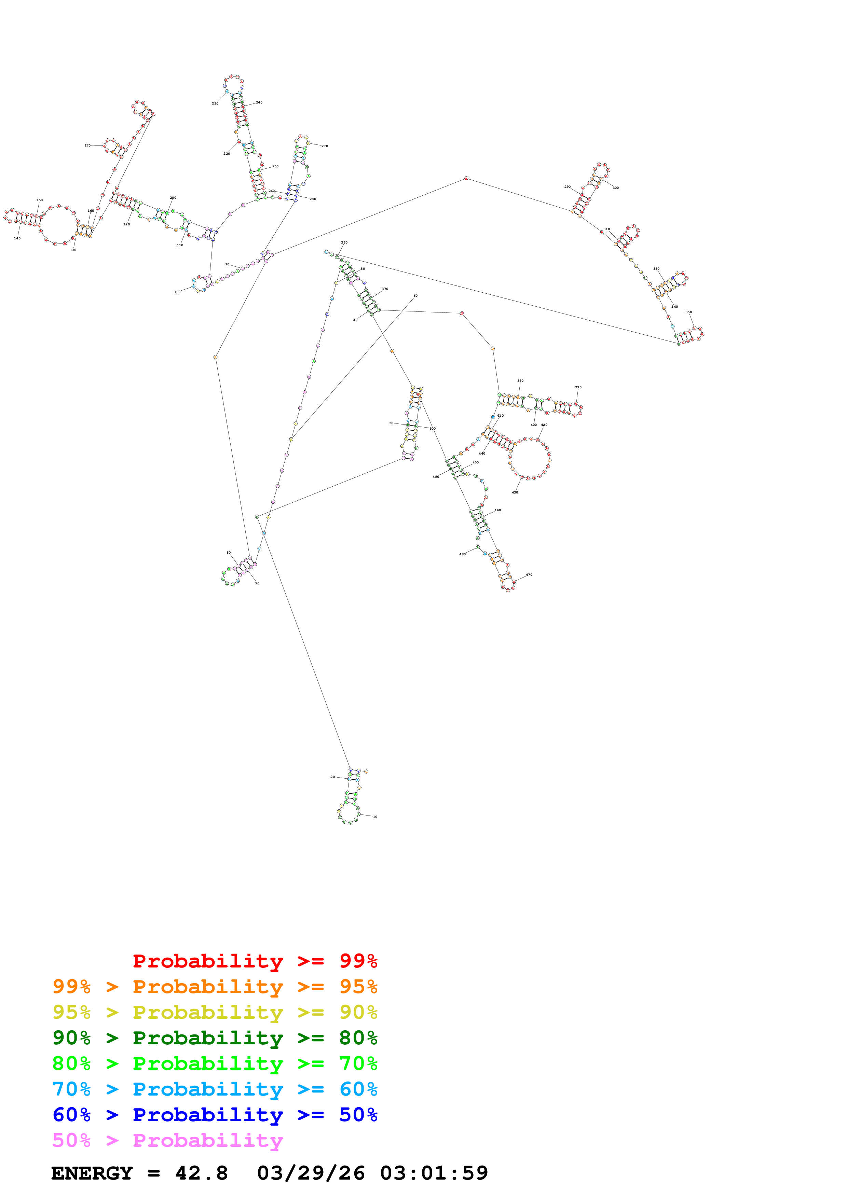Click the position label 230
[215, 103]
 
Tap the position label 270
[325, 146]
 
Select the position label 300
[615, 188]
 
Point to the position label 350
[688, 312]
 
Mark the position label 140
[17, 238]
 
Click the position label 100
[177, 292]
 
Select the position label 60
[415, 296]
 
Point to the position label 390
[578, 387]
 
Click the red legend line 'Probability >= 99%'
[255, 961]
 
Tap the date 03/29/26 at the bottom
[311, 1173]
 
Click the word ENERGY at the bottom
[92, 1173]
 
